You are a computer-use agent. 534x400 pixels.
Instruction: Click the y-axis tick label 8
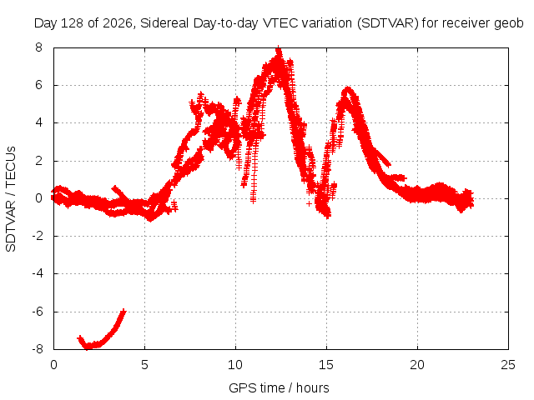click(x=38, y=47)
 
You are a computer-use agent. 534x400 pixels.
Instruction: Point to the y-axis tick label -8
click(x=37, y=349)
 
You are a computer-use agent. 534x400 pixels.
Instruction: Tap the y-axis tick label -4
click(x=37, y=273)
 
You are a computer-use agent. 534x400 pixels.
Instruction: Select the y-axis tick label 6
click(x=38, y=85)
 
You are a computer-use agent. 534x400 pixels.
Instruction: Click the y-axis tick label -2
click(x=37, y=236)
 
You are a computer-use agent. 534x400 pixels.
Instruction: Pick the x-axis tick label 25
click(x=508, y=365)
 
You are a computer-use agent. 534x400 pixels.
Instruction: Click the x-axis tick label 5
click(x=144, y=365)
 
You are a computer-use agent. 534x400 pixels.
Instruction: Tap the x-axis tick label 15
click(x=326, y=365)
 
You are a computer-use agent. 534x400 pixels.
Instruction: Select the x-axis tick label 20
click(x=417, y=365)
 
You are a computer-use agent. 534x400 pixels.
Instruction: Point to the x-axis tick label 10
click(x=235, y=365)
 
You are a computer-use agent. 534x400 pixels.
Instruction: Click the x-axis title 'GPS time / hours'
click(x=279, y=387)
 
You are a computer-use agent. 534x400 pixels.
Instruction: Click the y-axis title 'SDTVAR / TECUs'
click(x=11, y=199)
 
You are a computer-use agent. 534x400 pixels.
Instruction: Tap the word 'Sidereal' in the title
click(x=164, y=23)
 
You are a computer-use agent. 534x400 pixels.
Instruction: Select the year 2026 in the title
click(x=117, y=23)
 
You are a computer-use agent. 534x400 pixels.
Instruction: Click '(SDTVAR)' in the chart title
click(x=387, y=23)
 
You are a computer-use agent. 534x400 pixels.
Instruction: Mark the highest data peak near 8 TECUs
click(x=279, y=48)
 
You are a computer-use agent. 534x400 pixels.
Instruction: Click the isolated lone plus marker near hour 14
click(x=309, y=203)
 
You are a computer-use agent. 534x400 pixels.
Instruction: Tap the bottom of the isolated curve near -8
click(x=88, y=347)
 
